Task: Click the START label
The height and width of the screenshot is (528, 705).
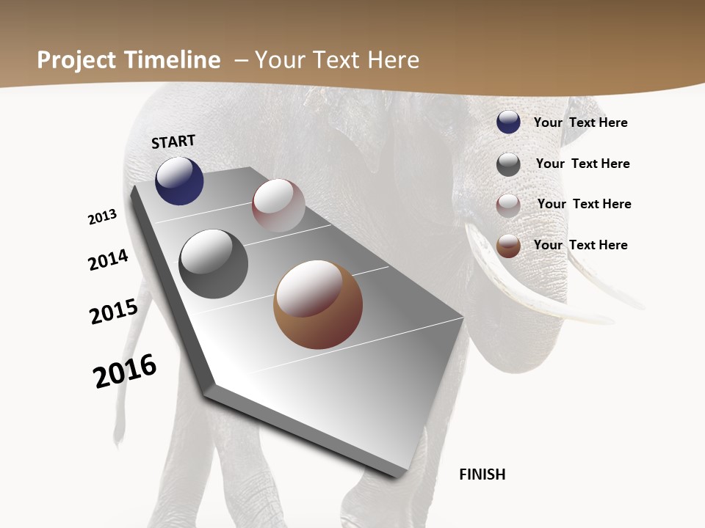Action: (173, 142)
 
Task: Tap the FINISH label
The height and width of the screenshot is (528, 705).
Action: (482, 474)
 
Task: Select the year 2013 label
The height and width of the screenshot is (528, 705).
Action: (102, 217)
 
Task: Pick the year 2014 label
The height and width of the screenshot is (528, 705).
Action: (108, 260)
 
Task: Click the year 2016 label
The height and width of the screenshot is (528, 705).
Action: (125, 371)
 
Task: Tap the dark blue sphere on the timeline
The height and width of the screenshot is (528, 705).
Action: (179, 180)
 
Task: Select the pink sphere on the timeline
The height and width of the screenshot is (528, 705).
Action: (278, 205)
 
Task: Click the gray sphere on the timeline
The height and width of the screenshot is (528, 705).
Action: (214, 264)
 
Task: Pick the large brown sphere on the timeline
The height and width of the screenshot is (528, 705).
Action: (318, 304)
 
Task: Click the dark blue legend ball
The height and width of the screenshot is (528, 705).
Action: (508, 122)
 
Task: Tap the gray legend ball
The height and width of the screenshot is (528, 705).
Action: (508, 164)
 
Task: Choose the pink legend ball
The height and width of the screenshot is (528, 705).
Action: (508, 205)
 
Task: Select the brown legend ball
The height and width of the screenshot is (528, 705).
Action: (508, 246)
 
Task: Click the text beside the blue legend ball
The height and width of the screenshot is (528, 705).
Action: (580, 122)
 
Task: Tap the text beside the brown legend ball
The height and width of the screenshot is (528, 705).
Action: (580, 245)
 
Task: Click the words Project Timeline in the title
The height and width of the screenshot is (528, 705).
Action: (129, 60)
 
